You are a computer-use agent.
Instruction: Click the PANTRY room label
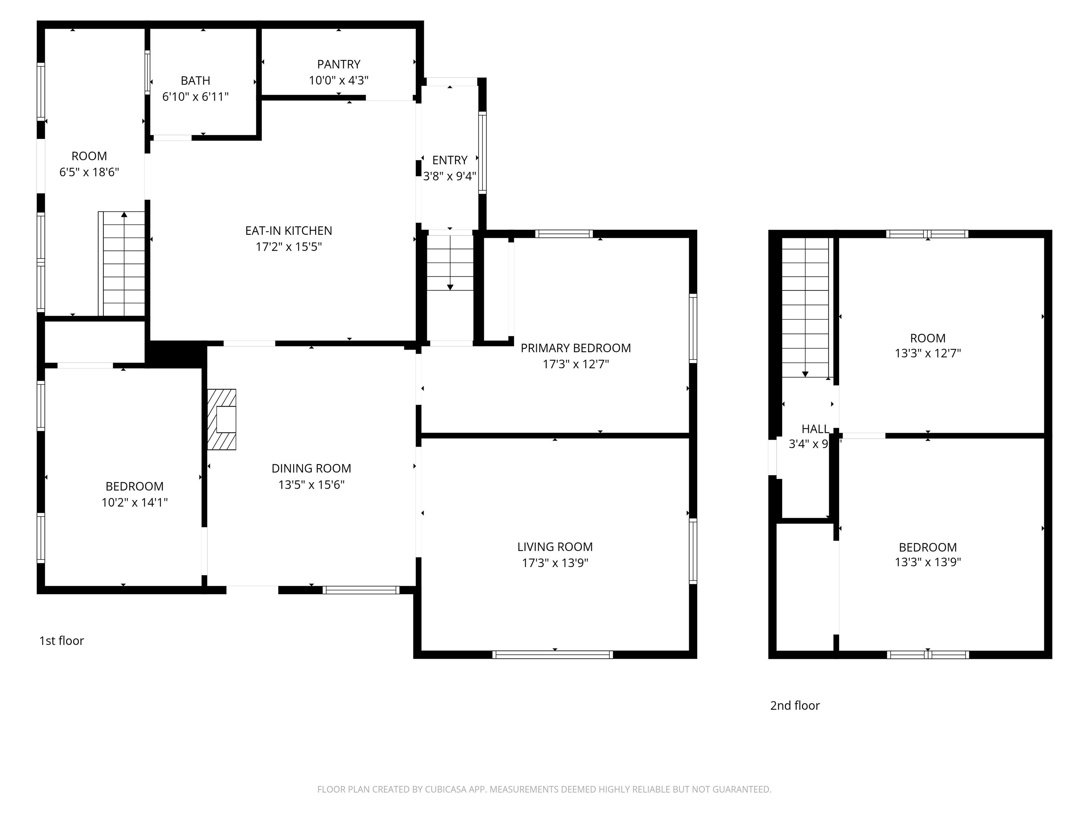pyautogui.click(x=338, y=65)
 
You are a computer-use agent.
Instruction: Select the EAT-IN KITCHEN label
pyautogui.click(x=289, y=231)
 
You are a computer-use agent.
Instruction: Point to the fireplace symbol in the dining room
pyautogui.click(x=222, y=419)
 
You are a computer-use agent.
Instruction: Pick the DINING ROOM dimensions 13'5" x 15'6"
pyautogui.click(x=311, y=485)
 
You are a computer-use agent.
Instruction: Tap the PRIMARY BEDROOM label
pyautogui.click(x=575, y=349)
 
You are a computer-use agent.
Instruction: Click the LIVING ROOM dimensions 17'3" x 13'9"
pyautogui.click(x=555, y=563)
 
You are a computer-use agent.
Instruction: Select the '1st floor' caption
pyautogui.click(x=62, y=641)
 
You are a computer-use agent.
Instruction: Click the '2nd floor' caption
pyautogui.click(x=795, y=706)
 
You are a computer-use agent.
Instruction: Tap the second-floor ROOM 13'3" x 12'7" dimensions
pyautogui.click(x=927, y=354)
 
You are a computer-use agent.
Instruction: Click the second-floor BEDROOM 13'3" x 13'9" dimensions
pyautogui.click(x=927, y=562)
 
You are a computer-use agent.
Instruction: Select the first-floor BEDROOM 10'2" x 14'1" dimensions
pyautogui.click(x=134, y=503)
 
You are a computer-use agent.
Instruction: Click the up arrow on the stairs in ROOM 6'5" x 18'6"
pyautogui.click(x=124, y=215)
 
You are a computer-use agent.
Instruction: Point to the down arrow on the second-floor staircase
pyautogui.click(x=805, y=374)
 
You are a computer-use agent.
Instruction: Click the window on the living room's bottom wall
pyautogui.click(x=552, y=655)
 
